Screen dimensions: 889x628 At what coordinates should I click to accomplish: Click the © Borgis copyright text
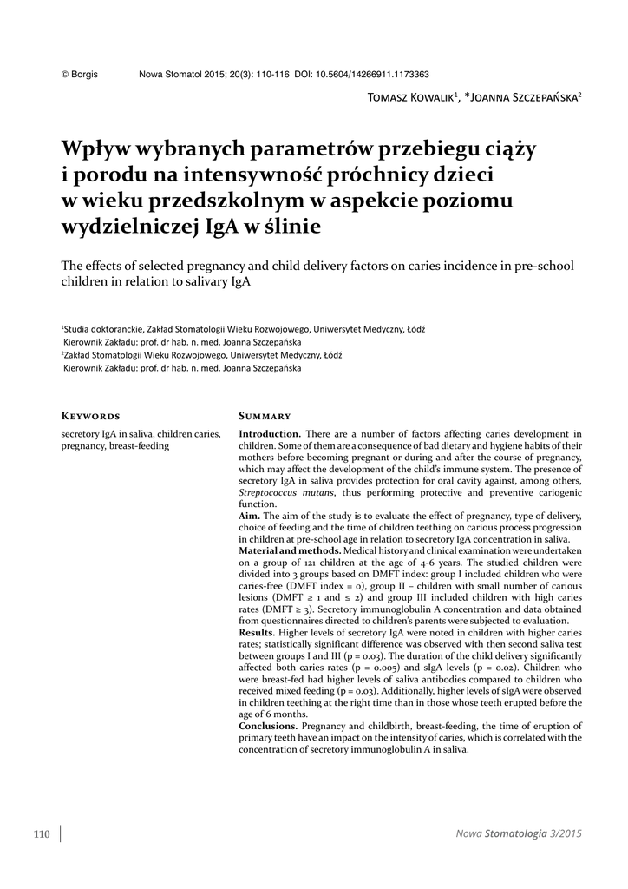(x=80, y=75)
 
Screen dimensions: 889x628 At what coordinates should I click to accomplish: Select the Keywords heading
(x=90, y=416)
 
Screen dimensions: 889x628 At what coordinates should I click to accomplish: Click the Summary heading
(x=265, y=416)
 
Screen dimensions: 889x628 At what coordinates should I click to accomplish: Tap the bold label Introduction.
(x=270, y=433)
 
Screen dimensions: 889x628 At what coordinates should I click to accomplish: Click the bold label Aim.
(x=249, y=517)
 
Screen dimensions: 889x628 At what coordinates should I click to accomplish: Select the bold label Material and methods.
(x=289, y=551)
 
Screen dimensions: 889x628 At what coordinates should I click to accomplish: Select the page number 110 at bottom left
(x=42, y=834)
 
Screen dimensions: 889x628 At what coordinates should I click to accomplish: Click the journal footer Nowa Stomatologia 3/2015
(x=519, y=834)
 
